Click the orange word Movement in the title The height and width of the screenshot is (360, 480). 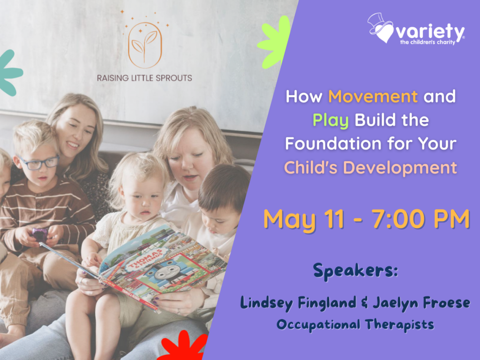373,97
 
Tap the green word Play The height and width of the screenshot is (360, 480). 330,120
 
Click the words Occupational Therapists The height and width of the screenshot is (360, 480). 355,324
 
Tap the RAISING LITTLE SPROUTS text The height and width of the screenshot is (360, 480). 144,78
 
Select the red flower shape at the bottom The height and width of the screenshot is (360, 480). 183,347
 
